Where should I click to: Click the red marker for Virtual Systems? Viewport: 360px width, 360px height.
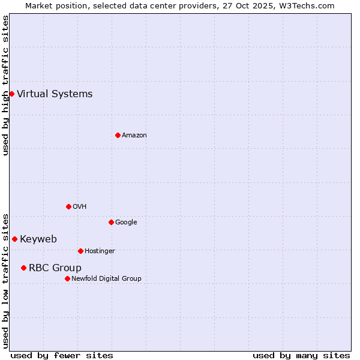[11, 94]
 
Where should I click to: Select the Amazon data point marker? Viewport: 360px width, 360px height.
[118, 135]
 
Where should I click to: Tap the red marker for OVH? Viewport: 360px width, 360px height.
[68, 206]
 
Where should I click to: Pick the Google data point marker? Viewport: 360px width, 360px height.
[111, 222]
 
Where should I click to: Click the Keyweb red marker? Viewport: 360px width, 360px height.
[14, 239]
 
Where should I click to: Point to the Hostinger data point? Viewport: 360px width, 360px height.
[80, 251]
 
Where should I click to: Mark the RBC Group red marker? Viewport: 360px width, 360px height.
[23, 268]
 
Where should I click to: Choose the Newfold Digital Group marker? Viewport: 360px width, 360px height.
[67, 278]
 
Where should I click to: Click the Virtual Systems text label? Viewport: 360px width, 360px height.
[55, 94]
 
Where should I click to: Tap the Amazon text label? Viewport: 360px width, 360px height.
[134, 135]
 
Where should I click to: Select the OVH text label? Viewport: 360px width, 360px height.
[80, 206]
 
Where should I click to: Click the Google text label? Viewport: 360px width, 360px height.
[126, 222]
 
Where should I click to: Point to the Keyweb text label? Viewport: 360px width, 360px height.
[38, 239]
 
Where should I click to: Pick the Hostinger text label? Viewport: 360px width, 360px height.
[100, 251]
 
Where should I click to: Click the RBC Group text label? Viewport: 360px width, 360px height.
[55, 268]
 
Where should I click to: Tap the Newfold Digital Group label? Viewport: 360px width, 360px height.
[106, 278]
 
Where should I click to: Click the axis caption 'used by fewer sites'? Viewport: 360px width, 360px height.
[62, 355]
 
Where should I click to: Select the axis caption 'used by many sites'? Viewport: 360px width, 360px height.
[301, 355]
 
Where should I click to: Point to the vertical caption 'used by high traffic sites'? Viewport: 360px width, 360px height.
[5, 85]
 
